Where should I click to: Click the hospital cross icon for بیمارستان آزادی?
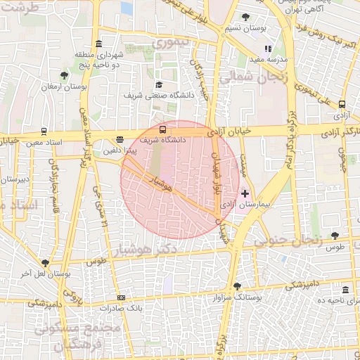[x=245, y=193]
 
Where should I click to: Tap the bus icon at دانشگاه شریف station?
[x=163, y=129]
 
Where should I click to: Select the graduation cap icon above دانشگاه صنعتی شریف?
[x=158, y=84]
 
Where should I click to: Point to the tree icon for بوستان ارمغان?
[x=64, y=75]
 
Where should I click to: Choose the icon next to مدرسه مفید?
[x=267, y=49]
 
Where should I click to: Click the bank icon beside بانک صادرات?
[x=122, y=298]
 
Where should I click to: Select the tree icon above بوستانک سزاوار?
[x=236, y=286]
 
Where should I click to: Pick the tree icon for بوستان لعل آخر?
[x=46, y=262]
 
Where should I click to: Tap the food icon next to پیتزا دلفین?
[x=120, y=139]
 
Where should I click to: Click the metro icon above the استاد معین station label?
[x=44, y=131]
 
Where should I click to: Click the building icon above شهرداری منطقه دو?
[x=101, y=44]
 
